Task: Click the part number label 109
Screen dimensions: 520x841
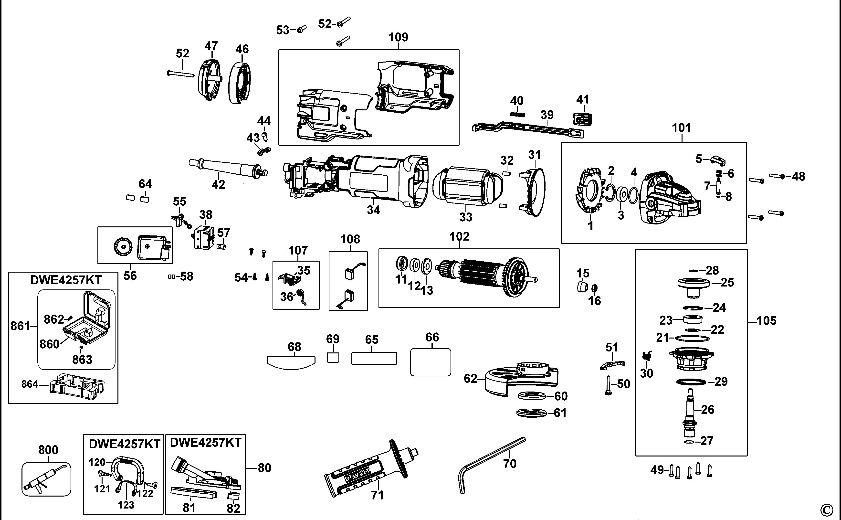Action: coord(398,37)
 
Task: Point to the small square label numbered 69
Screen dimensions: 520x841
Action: coord(333,358)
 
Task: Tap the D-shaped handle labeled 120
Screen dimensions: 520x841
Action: coord(127,468)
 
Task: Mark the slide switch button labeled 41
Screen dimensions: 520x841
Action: coord(582,119)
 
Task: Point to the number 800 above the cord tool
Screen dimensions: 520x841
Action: coord(48,450)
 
